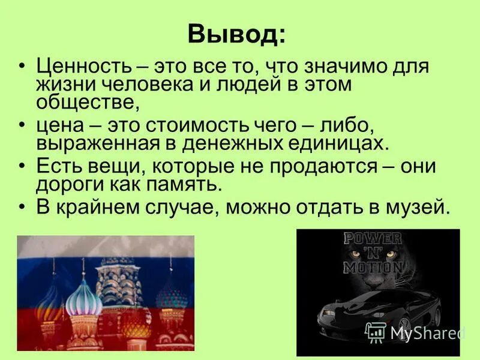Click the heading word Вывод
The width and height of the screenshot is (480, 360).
click(236, 34)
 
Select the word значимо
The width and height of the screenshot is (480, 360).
click(343, 65)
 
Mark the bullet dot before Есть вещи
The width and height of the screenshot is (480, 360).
click(23, 166)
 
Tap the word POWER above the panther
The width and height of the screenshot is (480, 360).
click(372, 238)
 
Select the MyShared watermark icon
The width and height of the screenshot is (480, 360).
click(376, 332)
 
